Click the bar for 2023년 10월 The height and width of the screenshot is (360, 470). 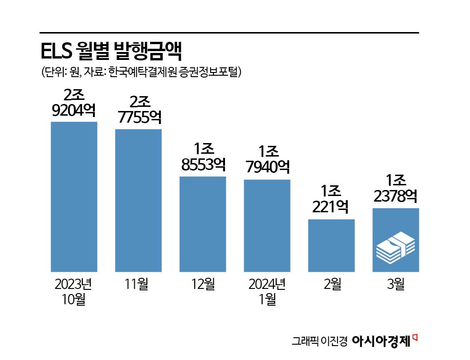[73, 196]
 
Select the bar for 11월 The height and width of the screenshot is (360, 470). [138, 200]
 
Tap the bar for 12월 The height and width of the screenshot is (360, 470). [203, 224]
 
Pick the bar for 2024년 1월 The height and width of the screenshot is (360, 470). [267, 225]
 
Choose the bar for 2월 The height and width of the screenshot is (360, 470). [331, 245]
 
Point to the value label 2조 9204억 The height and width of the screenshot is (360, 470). [73, 104]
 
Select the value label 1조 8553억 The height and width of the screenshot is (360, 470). [203, 158]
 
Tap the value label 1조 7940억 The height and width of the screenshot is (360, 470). [267, 159]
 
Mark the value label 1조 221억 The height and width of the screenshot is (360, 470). [331, 199]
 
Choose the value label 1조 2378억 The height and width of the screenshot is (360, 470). [396, 189]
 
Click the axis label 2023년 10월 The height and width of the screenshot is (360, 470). [73, 291]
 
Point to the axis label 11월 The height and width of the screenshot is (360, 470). [138, 283]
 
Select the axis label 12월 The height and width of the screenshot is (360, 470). [203, 283]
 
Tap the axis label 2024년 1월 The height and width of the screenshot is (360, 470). [267, 291]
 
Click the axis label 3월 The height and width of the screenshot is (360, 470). [396, 283]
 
